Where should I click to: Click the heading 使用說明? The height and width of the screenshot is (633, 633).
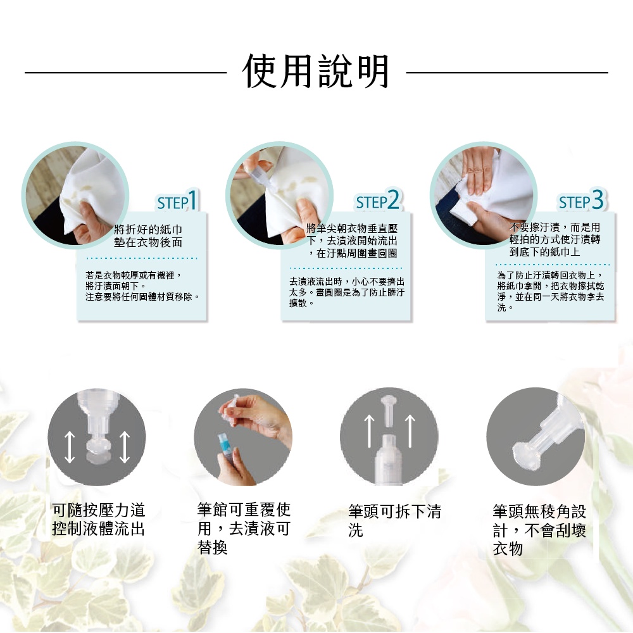(316, 72)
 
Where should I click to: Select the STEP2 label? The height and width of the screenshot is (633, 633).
(377, 200)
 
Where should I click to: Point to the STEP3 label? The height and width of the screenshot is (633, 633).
(581, 200)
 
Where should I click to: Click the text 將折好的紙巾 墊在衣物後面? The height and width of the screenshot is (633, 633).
(148, 235)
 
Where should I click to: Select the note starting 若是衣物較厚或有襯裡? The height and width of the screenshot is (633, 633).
(142, 286)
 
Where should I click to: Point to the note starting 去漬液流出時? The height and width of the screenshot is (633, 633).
(347, 292)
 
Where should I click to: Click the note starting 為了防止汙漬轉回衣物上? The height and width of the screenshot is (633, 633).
(551, 291)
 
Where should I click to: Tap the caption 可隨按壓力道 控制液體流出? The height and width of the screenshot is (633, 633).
(99, 519)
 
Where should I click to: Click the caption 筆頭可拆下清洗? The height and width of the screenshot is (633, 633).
(394, 520)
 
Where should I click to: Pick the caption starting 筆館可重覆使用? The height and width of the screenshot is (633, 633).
(244, 528)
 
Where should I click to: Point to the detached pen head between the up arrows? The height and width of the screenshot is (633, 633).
(389, 410)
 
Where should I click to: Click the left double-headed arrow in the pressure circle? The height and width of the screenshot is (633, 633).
(70, 447)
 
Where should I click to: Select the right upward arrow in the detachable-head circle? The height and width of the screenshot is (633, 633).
(410, 431)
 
